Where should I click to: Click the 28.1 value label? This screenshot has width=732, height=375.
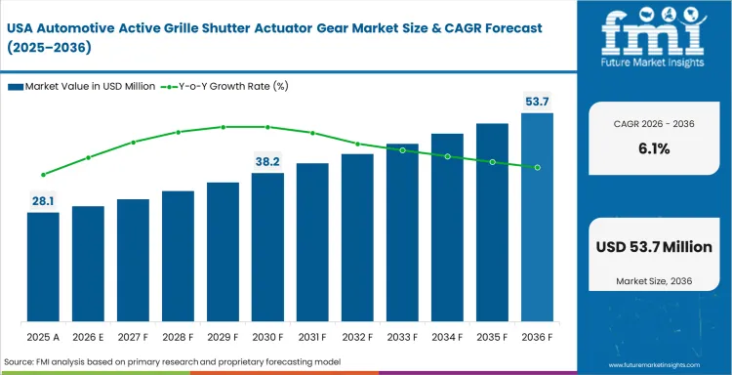tap(43, 200)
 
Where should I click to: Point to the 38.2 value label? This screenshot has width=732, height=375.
tap(267, 161)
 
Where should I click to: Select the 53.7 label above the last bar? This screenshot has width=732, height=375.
tap(537, 102)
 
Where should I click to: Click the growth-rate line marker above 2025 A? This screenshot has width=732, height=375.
tap(43, 175)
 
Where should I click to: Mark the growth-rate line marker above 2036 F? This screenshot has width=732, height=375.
tap(537, 167)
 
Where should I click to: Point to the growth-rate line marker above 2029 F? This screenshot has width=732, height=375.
tap(223, 127)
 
